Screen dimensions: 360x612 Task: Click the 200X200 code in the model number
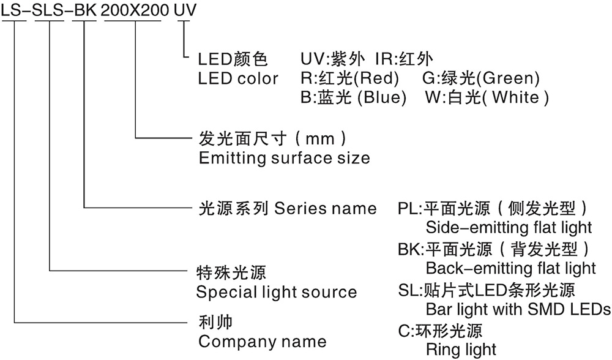132,10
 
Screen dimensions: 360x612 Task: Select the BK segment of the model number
85,10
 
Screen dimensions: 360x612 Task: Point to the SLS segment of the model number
50,10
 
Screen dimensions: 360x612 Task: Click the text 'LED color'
238,78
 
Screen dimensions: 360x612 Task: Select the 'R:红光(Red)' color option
349,78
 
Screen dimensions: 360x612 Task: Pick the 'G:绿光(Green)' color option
480,78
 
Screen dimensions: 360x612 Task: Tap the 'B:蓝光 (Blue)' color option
353,97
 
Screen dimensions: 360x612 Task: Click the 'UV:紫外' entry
330,59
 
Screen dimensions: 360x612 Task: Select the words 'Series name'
326,208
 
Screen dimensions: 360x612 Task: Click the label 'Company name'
262,341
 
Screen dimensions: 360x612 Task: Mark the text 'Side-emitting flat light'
509,228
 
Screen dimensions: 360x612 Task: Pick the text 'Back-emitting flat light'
510,268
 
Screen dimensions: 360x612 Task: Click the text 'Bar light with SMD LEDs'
518,309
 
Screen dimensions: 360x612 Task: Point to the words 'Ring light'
461,350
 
